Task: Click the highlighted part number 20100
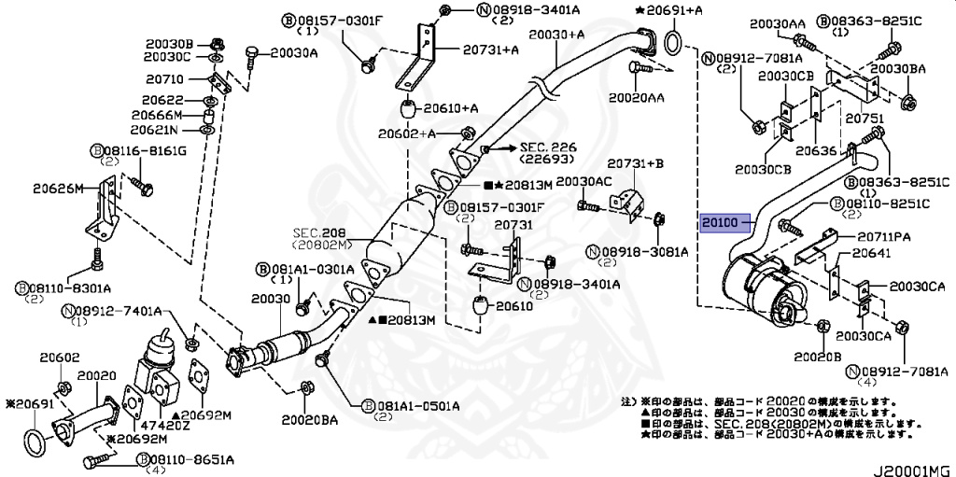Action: tap(721, 223)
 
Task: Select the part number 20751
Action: tap(863, 119)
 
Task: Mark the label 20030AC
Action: tap(583, 181)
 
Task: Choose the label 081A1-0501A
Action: tap(412, 406)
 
